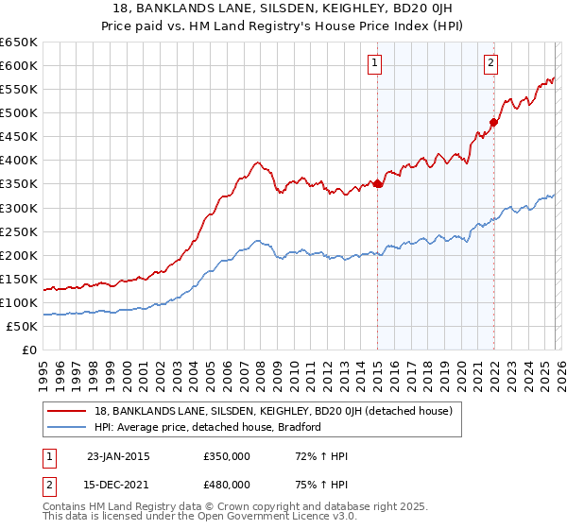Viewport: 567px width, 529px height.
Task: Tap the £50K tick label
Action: (x=22, y=326)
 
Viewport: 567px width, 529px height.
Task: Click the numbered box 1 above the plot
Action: (x=375, y=63)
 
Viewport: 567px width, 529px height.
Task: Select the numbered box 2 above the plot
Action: (x=491, y=63)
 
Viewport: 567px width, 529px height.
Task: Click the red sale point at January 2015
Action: (x=377, y=183)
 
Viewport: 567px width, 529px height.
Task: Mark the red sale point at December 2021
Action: (x=492, y=122)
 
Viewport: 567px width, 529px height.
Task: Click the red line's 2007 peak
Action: (x=257, y=162)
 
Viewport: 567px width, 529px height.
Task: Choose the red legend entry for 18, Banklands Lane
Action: (x=274, y=411)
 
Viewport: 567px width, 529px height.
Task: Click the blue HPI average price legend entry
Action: (x=208, y=427)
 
